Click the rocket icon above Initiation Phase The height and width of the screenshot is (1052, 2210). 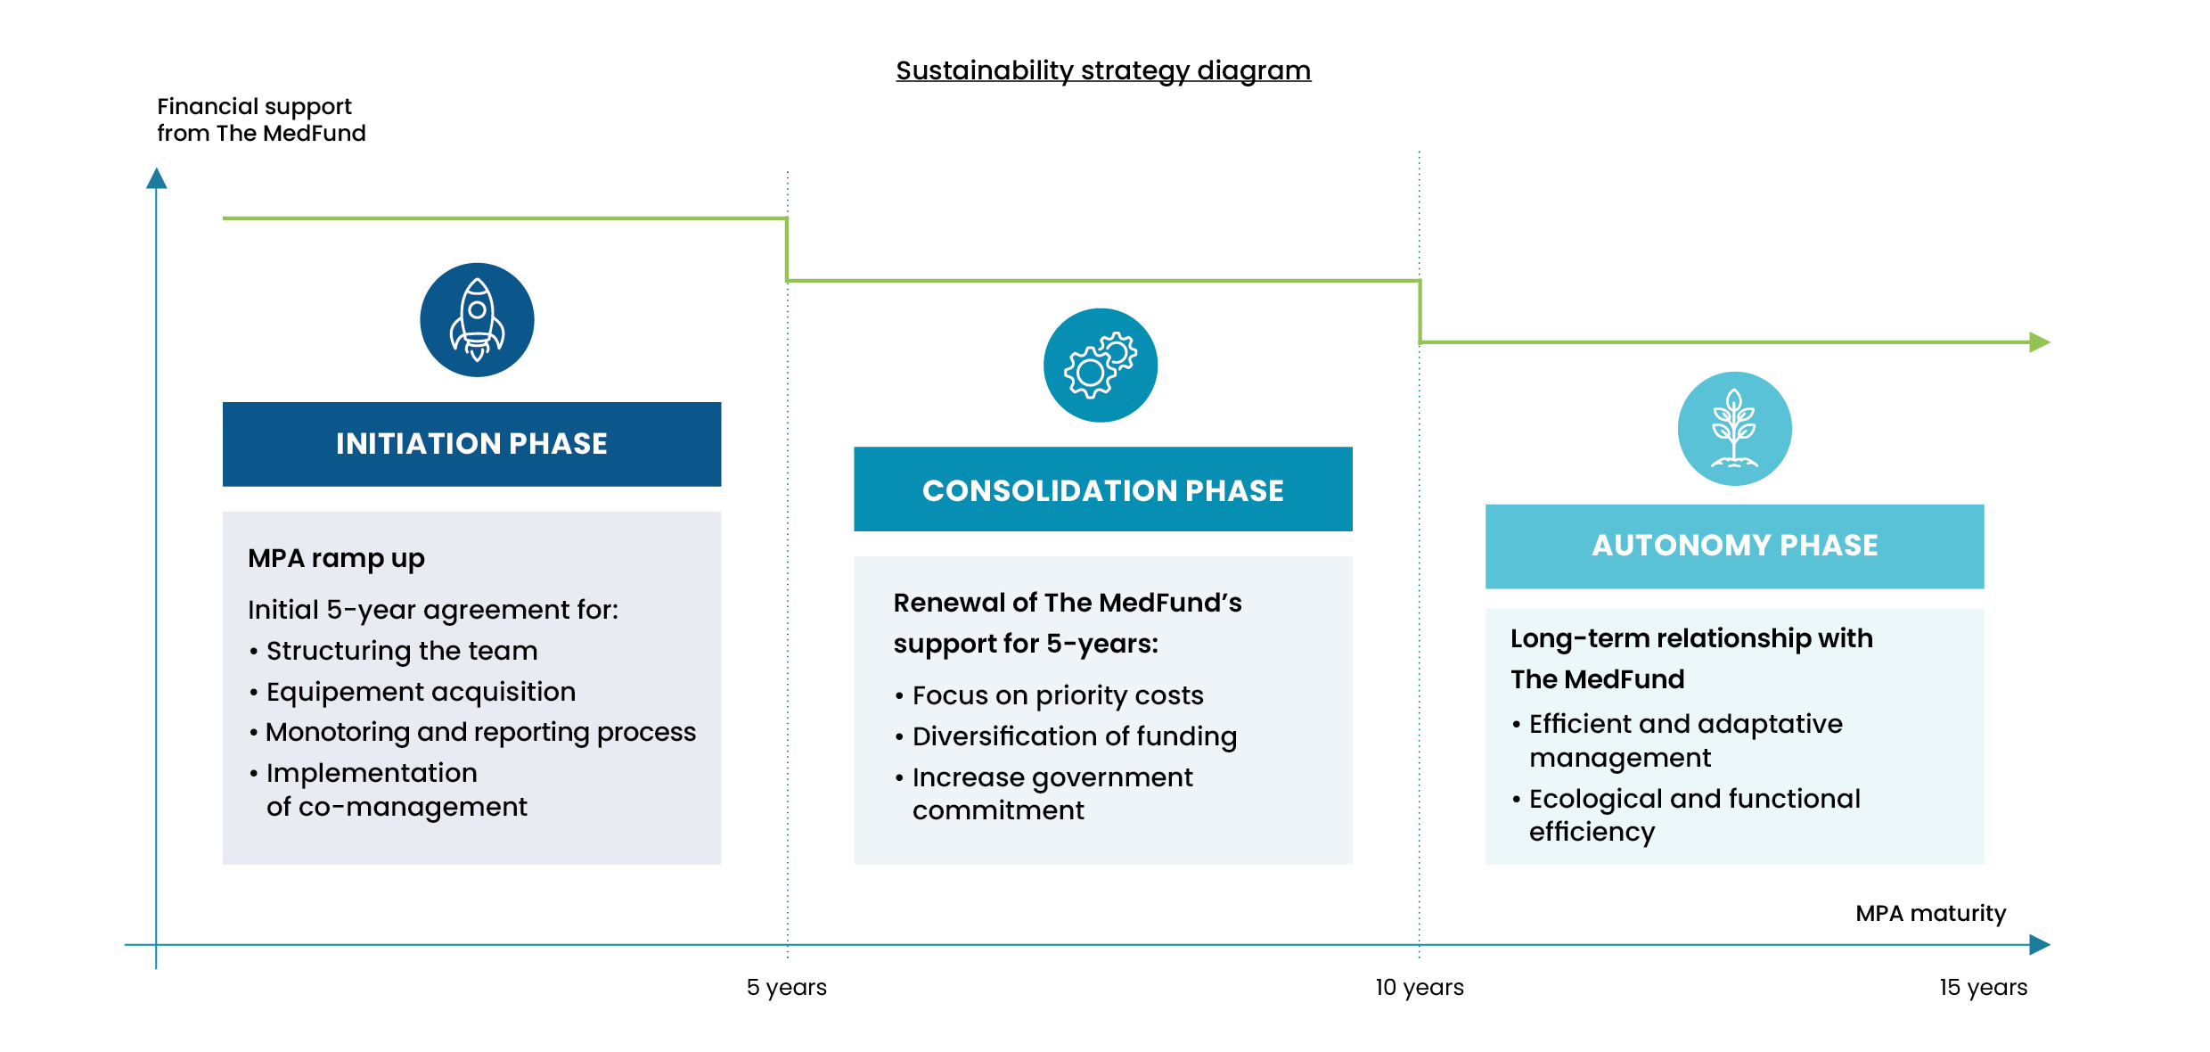click(477, 319)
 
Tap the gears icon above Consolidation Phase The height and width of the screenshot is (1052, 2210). click(1101, 366)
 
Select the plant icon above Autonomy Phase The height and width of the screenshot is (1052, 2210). click(1734, 429)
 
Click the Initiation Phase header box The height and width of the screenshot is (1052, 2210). click(471, 444)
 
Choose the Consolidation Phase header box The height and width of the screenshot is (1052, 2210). click(1103, 489)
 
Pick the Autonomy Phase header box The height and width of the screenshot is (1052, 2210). click(1734, 547)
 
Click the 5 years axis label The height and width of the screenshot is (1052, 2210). click(787, 987)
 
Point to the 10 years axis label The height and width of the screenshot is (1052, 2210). click(1420, 987)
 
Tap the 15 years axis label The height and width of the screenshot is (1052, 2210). click(1983, 987)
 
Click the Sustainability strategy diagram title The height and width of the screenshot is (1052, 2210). click(1103, 70)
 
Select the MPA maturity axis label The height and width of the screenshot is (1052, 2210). click(1931, 913)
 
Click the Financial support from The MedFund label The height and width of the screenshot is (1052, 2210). click(261, 119)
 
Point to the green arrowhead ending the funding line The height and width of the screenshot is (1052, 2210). click(2040, 342)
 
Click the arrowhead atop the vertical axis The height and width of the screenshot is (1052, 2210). click(157, 178)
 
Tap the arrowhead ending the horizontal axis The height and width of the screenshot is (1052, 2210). click(2040, 945)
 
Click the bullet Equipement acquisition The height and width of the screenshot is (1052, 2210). click(412, 692)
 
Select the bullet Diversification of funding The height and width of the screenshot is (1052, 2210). click(1066, 736)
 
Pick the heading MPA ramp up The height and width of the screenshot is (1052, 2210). click(336, 558)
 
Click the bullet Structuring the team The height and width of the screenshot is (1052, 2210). click(393, 651)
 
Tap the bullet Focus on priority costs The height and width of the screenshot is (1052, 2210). click(1049, 695)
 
